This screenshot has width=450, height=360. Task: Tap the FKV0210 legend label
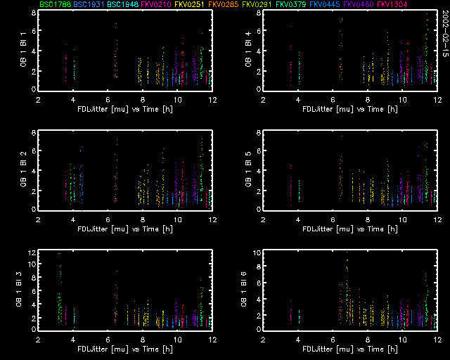(157, 6)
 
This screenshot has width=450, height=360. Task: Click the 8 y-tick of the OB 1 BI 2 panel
(33, 133)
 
